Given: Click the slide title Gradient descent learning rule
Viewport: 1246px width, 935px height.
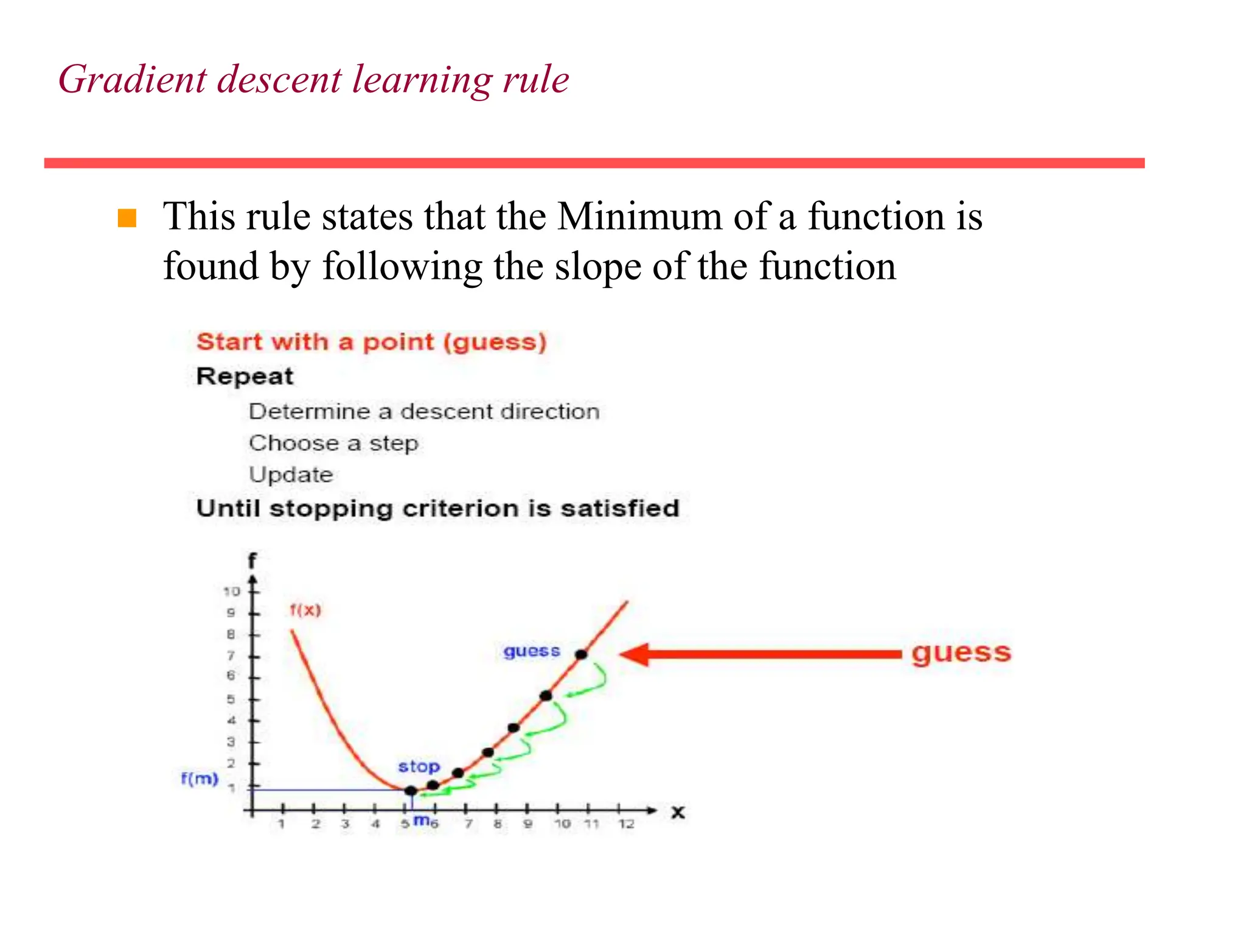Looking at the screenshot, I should (313, 80).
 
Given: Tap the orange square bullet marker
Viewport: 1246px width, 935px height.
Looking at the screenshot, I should (127, 218).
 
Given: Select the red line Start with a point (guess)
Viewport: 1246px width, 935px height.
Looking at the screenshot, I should (371, 342).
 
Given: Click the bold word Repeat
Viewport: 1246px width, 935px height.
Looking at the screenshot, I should (245, 377).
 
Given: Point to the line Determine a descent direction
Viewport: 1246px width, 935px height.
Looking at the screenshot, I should (424, 412).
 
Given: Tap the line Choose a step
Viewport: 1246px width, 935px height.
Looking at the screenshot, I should (333, 443).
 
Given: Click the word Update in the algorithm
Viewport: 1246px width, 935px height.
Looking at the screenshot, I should (291, 475).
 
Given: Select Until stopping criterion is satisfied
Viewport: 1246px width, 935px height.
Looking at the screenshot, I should (437, 508).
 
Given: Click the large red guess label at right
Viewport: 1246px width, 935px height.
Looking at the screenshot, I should (961, 653).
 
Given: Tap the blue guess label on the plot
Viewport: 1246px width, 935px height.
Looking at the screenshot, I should (531, 651).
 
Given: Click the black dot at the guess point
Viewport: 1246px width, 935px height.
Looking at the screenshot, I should (582, 654).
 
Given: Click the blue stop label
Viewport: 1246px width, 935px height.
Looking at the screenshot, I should (419, 766).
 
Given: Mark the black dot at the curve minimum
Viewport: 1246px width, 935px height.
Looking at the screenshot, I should (411, 791).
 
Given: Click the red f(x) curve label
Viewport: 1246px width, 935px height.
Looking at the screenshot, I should (305, 609).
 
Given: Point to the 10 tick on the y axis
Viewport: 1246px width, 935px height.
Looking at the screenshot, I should (232, 591).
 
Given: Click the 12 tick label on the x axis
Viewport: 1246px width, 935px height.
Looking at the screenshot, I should (625, 824).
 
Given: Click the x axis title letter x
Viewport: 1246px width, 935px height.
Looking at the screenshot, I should (678, 813).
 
